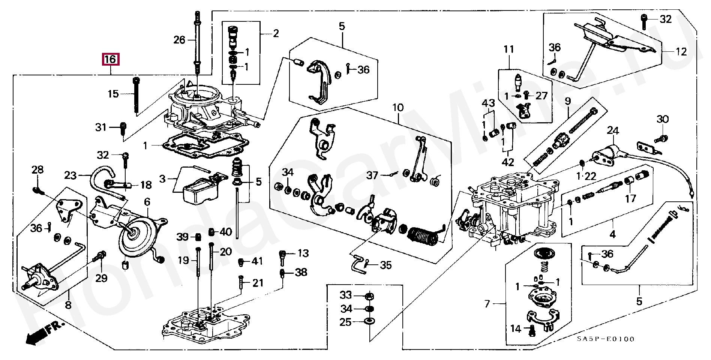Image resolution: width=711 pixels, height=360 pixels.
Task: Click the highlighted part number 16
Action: point(111,59)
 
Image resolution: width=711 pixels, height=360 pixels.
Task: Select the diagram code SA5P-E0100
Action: point(605,339)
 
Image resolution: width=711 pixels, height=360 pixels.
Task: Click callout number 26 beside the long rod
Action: point(179,39)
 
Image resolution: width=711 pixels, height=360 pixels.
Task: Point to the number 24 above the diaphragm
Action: point(613,130)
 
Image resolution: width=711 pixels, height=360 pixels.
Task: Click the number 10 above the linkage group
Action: point(398,108)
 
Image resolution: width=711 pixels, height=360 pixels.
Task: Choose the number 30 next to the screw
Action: point(663,119)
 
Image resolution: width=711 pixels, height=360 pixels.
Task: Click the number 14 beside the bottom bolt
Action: point(516,329)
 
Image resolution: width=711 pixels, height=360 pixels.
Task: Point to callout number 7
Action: point(487,303)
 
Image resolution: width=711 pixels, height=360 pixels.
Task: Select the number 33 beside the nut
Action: point(346,295)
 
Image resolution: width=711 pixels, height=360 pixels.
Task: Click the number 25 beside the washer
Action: point(346,322)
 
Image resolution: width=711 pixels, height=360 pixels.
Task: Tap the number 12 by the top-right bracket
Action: point(681,52)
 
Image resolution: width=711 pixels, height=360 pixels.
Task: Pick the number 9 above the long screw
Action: point(568,100)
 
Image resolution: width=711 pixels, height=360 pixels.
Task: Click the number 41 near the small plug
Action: point(257,261)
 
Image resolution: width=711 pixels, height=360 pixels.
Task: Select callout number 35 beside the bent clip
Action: point(386,265)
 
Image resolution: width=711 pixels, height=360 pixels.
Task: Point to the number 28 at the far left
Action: point(37,170)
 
